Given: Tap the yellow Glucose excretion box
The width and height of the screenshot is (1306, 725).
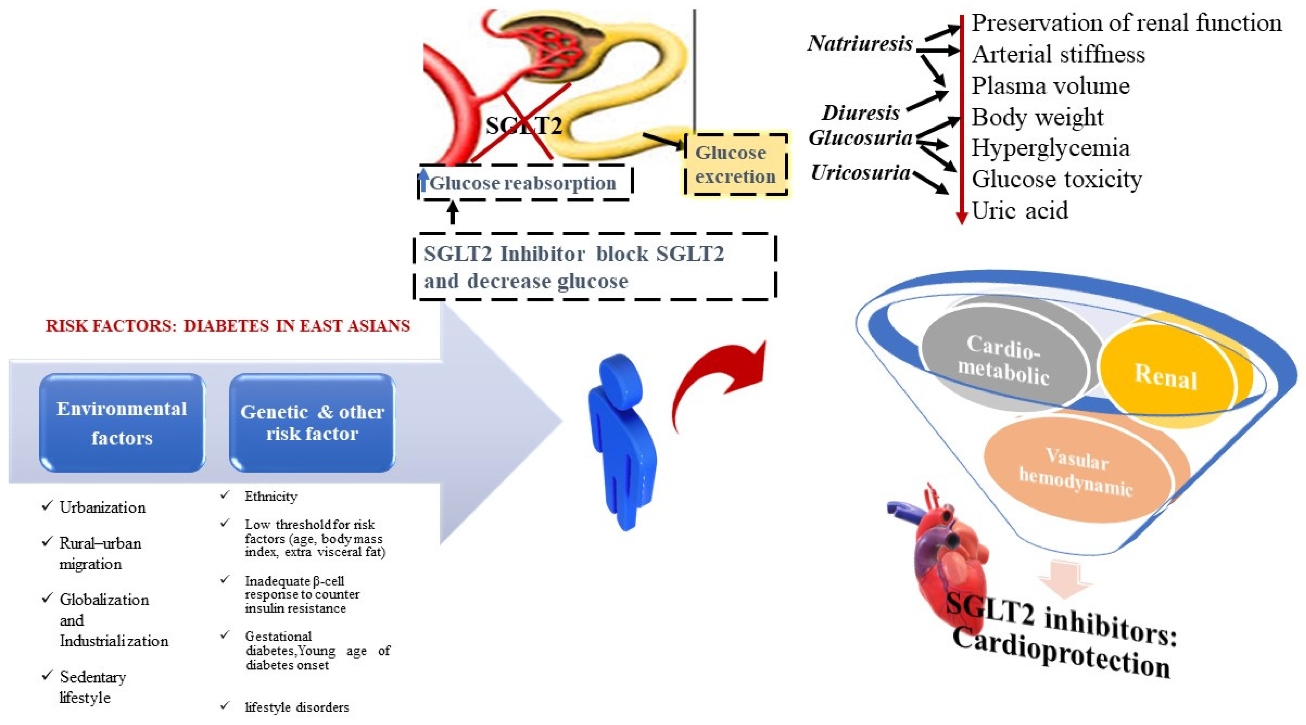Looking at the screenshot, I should coord(735,164).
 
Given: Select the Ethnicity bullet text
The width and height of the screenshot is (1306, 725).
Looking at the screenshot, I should coord(271,496).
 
